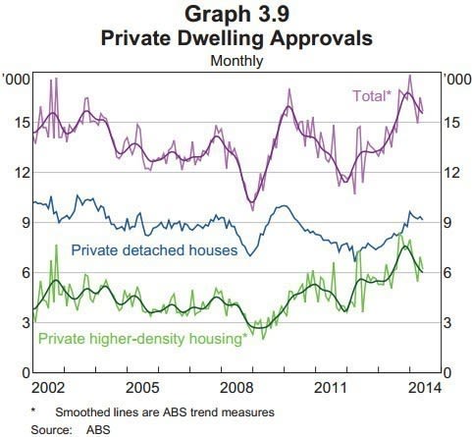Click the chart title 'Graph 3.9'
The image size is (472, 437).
point(236,14)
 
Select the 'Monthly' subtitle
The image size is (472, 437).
point(236,61)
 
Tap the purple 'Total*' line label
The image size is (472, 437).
point(372,96)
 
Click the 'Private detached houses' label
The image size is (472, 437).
point(154,250)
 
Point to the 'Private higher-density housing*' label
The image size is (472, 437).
point(141,339)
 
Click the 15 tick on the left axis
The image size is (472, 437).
point(21,123)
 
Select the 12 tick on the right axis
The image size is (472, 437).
point(451,173)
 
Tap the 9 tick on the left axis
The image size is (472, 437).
point(26,223)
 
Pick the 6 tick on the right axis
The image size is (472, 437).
point(446,273)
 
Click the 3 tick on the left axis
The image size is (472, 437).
point(26,323)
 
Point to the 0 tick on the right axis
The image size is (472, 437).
point(446,373)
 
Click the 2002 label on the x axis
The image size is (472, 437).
point(48,388)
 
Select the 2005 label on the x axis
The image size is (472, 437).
point(142,388)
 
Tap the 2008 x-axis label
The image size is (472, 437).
point(236,388)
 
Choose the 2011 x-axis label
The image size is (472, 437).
point(331,388)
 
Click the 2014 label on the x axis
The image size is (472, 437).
point(425,388)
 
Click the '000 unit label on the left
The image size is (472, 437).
point(17,80)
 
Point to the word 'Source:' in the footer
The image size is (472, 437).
point(51,430)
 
